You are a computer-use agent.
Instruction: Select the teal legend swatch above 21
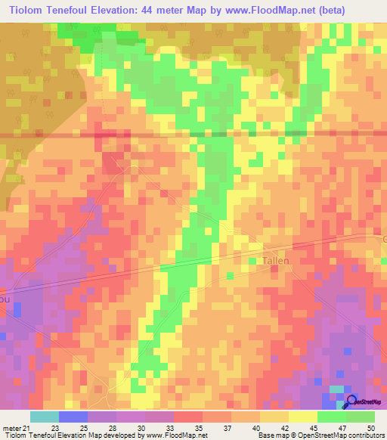[44, 417]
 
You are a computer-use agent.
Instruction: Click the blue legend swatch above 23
[73, 417]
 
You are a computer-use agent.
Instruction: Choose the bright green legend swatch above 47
[332, 417]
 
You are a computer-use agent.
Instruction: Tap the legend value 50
[370, 427]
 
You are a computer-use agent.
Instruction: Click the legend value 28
[111, 427]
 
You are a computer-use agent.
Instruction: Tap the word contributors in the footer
[361, 435]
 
